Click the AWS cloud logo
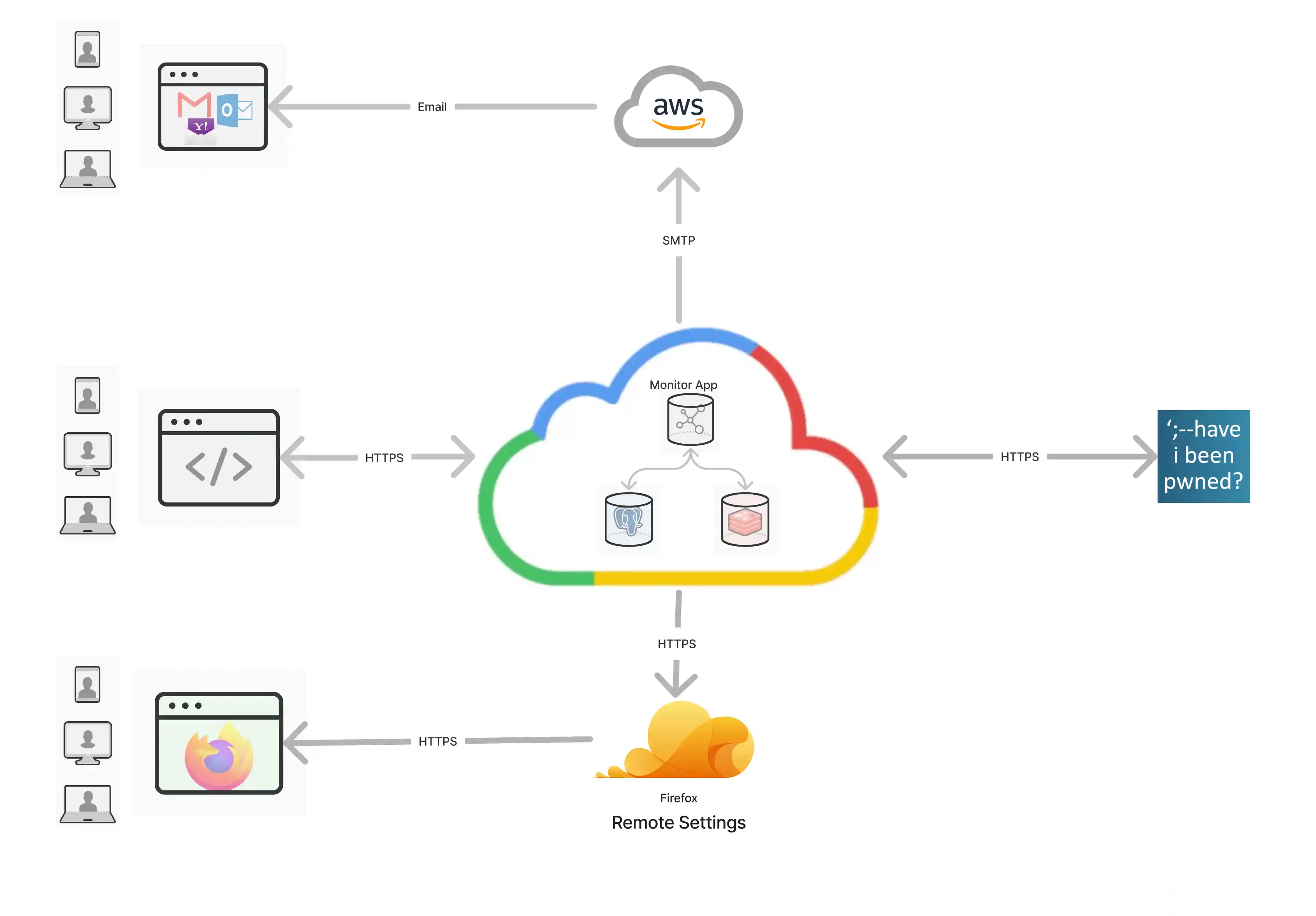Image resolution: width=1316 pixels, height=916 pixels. (x=678, y=108)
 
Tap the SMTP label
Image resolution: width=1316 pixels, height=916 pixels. (x=679, y=240)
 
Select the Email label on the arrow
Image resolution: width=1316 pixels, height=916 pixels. (x=432, y=107)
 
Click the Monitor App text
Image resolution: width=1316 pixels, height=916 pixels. (x=683, y=384)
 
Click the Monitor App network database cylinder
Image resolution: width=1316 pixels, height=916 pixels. (x=690, y=420)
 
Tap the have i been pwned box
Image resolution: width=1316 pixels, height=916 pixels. (x=1203, y=456)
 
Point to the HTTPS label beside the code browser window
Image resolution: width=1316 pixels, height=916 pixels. (x=384, y=457)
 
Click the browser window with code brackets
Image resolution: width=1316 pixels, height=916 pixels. (x=218, y=457)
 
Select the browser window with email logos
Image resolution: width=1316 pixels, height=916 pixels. (x=212, y=107)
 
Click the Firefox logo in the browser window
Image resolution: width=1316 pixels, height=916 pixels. (x=218, y=756)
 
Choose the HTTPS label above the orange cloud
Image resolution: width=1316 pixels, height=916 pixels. (x=676, y=643)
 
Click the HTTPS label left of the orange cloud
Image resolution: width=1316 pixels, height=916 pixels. (x=437, y=741)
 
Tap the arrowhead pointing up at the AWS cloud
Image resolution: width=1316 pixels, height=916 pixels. (x=678, y=179)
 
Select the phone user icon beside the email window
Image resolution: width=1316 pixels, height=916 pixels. (x=87, y=49)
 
